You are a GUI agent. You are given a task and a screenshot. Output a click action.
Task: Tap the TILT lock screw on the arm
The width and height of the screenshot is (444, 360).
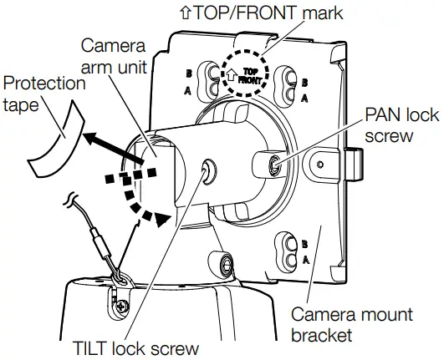tap(206, 172)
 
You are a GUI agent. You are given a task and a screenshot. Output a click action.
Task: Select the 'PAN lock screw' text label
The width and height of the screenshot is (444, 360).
tap(401, 124)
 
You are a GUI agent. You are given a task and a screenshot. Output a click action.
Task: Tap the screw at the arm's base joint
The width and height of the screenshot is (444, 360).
tap(225, 266)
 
